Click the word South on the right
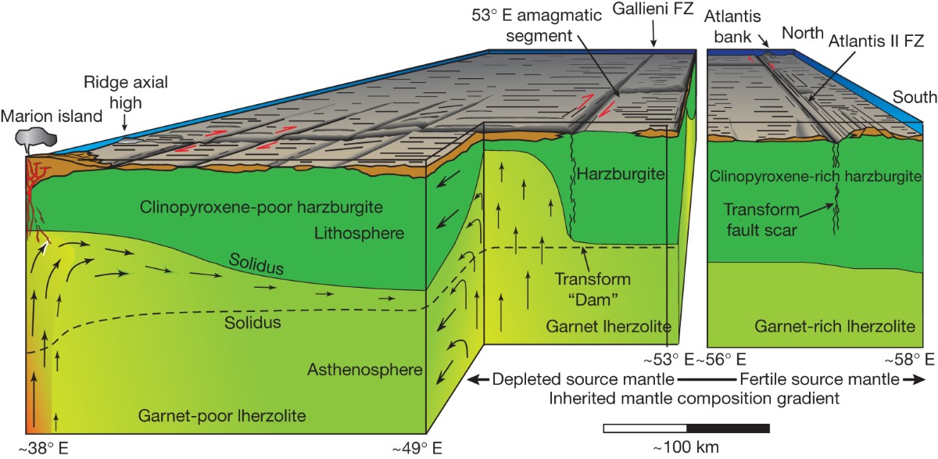click(915, 98)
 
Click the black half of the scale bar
click(728, 429)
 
